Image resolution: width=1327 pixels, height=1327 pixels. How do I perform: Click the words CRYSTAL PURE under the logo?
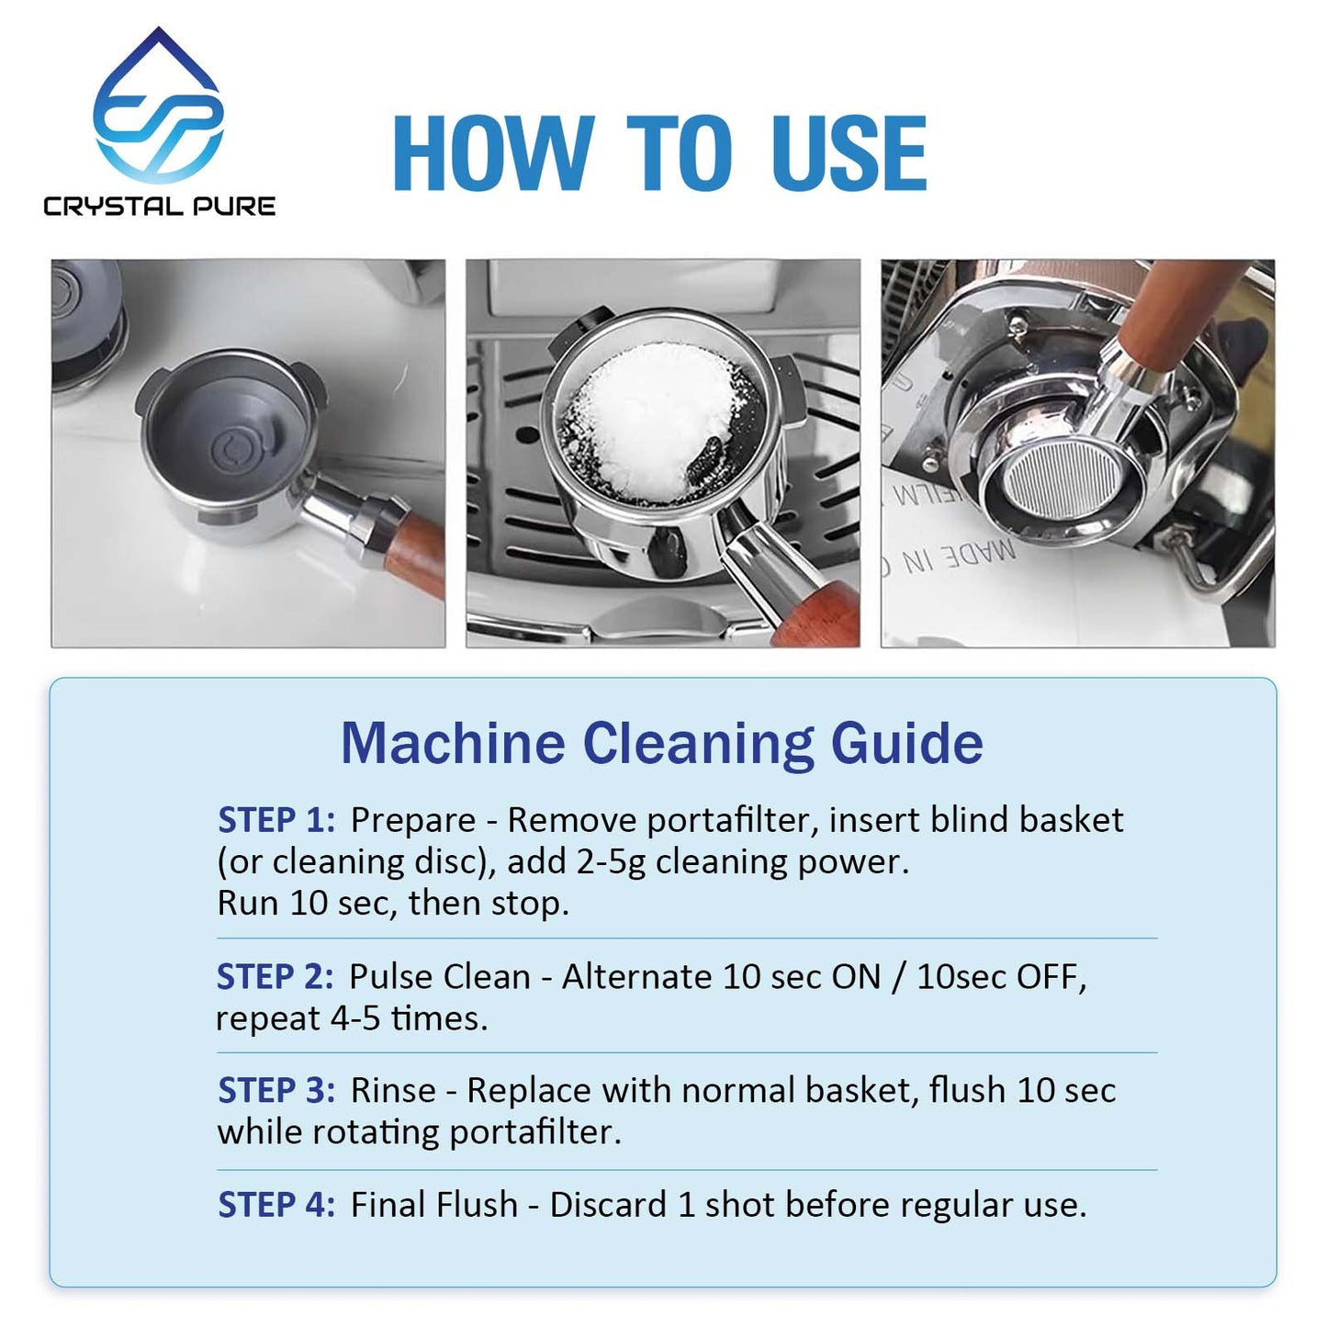click(159, 206)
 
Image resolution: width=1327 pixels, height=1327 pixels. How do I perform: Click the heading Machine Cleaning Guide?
click(662, 744)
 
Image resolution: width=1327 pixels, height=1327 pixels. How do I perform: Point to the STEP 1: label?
click(276, 820)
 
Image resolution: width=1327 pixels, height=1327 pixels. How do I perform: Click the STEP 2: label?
click(276, 976)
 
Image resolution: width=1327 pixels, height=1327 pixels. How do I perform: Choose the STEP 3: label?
click(276, 1090)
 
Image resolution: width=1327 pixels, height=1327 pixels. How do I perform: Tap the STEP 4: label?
click(276, 1205)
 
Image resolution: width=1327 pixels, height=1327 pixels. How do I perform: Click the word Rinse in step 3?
click(393, 1091)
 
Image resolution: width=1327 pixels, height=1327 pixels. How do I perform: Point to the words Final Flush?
click(434, 1205)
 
